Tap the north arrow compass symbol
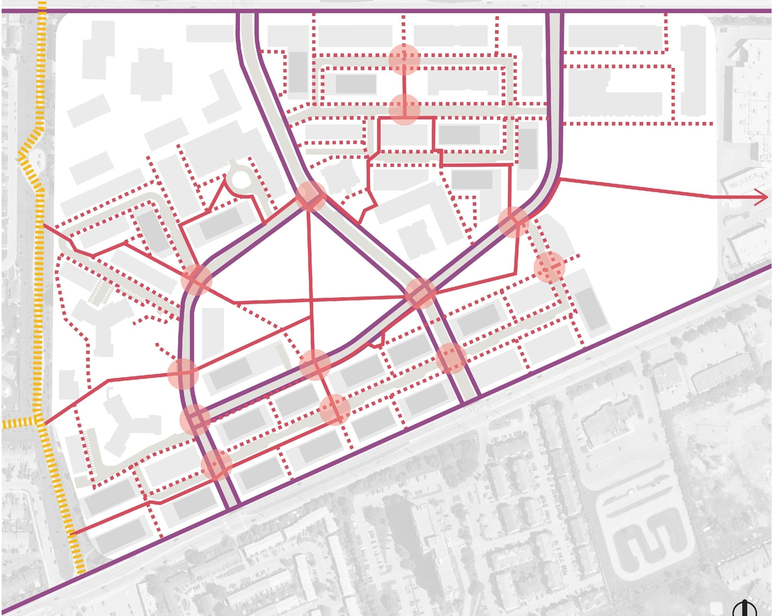coord(745,608)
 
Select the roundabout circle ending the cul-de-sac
coord(241,179)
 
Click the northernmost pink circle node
coord(404,59)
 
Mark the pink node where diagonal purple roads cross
coord(420,294)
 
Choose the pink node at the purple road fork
coord(311,196)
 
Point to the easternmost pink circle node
coord(550,268)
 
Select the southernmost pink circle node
coord(216,465)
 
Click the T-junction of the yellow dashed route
coord(40,422)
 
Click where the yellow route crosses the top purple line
coord(41,11)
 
